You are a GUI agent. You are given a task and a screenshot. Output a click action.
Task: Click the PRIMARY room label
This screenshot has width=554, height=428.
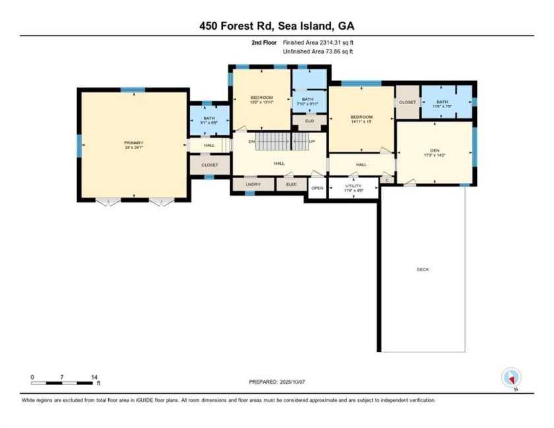coord(133,143)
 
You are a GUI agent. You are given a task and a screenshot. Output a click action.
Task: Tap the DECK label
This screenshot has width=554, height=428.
coord(423,269)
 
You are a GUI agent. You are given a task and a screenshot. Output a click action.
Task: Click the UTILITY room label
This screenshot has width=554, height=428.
coord(354,186)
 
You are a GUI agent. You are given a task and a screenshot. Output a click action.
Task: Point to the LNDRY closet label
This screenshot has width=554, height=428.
coord(253,185)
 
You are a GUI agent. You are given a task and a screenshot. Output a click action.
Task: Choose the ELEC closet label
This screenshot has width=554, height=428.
coord(291,185)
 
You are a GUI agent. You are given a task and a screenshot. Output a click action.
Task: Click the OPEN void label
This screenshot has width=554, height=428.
coord(317,188)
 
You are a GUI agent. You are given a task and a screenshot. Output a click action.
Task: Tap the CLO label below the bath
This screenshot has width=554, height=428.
coord(309,121)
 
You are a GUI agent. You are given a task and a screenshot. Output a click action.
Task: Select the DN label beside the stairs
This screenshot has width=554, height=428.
coord(251,141)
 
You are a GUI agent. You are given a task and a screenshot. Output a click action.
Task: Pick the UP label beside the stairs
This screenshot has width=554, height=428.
coord(312,141)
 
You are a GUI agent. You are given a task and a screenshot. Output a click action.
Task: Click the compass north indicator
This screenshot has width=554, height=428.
coord(511,378)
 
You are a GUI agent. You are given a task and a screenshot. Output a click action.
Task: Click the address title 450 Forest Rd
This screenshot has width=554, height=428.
coord(276,26)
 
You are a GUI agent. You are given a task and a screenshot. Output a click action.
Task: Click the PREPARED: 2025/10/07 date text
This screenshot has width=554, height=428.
coord(276,382)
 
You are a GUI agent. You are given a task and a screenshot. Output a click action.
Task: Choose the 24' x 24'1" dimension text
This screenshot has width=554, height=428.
coord(133,148)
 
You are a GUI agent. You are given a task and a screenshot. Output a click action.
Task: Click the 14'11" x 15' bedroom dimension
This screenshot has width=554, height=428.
coord(361,121)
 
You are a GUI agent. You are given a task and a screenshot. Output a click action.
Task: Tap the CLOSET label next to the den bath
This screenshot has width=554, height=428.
coord(407,102)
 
